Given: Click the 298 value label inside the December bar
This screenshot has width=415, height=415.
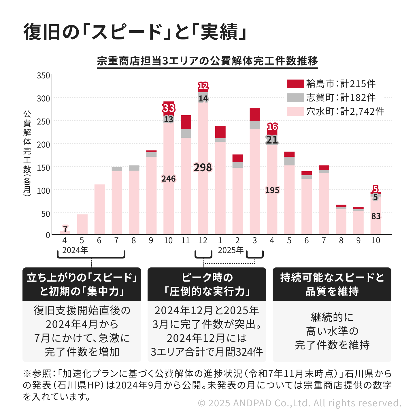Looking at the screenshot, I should pyautogui.click(x=203, y=167).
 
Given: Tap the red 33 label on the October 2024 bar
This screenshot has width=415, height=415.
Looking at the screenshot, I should pyautogui.click(x=169, y=108).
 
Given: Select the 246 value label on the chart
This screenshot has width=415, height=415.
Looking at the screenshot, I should pyautogui.click(x=169, y=179).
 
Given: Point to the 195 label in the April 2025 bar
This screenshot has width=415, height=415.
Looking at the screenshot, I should pyautogui.click(x=272, y=190).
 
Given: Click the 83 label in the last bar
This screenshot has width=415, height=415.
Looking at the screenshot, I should pyautogui.click(x=376, y=216).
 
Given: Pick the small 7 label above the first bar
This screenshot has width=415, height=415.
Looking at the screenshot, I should pyautogui.click(x=65, y=229).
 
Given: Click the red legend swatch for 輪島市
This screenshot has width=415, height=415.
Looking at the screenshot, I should pyautogui.click(x=295, y=84).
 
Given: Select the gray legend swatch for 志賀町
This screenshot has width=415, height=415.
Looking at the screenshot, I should pyautogui.click(x=295, y=98).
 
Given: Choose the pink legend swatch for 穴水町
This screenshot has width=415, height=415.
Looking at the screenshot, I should pyautogui.click(x=295, y=112).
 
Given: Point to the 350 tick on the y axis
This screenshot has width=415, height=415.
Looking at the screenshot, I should pyautogui.click(x=44, y=76).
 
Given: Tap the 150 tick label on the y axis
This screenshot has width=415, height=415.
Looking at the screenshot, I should pyautogui.click(x=44, y=168).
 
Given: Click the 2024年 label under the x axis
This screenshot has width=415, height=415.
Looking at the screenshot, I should pyautogui.click(x=75, y=250).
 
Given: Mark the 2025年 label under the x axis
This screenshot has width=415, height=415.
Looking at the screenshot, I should pyautogui.click(x=231, y=250).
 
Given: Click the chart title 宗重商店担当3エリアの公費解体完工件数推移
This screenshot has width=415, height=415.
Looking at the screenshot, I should pyautogui.click(x=207, y=61).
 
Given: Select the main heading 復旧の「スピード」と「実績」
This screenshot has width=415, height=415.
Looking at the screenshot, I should pyautogui.click(x=135, y=32).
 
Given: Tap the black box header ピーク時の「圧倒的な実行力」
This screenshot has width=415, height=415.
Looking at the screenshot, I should pyautogui.click(x=207, y=284).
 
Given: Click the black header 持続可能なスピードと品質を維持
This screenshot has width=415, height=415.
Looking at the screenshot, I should pyautogui.click(x=332, y=284).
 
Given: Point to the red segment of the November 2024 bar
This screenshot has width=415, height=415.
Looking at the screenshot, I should pyautogui.click(x=186, y=122).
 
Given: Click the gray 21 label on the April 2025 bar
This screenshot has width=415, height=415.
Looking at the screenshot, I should pyautogui.click(x=272, y=140).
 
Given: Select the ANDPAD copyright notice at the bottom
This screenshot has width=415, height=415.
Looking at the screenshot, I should pyautogui.click(x=300, y=403).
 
